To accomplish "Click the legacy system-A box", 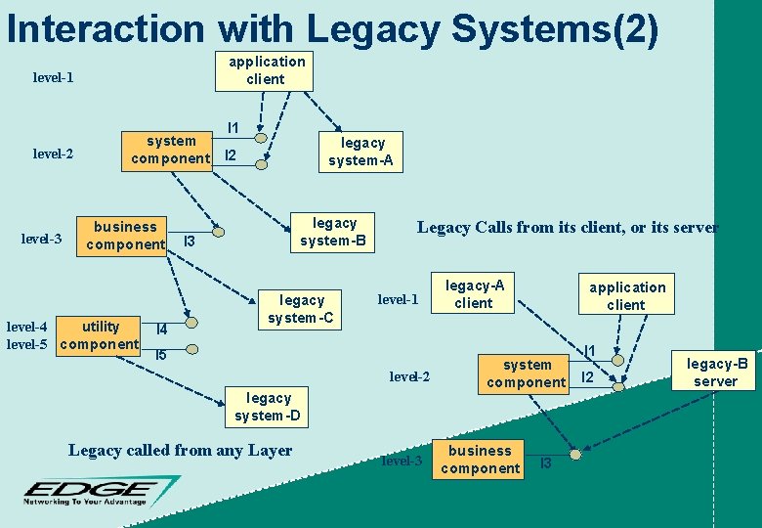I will click(x=360, y=152).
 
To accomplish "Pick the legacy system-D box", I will click(x=268, y=407).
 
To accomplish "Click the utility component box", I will click(x=99, y=334).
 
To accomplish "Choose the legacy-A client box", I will click(x=475, y=293).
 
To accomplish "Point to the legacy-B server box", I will click(x=716, y=372).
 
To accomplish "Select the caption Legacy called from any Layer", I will click(x=180, y=451).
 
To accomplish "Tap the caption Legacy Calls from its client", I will click(x=568, y=228).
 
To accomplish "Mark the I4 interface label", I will click(x=162, y=330).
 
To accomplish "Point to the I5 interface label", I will click(x=161, y=355).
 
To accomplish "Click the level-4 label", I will click(x=26, y=327).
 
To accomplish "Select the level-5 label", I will click(x=26, y=344).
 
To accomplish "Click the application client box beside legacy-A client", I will click(x=626, y=295).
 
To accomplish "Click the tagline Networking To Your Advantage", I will click(x=87, y=502).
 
